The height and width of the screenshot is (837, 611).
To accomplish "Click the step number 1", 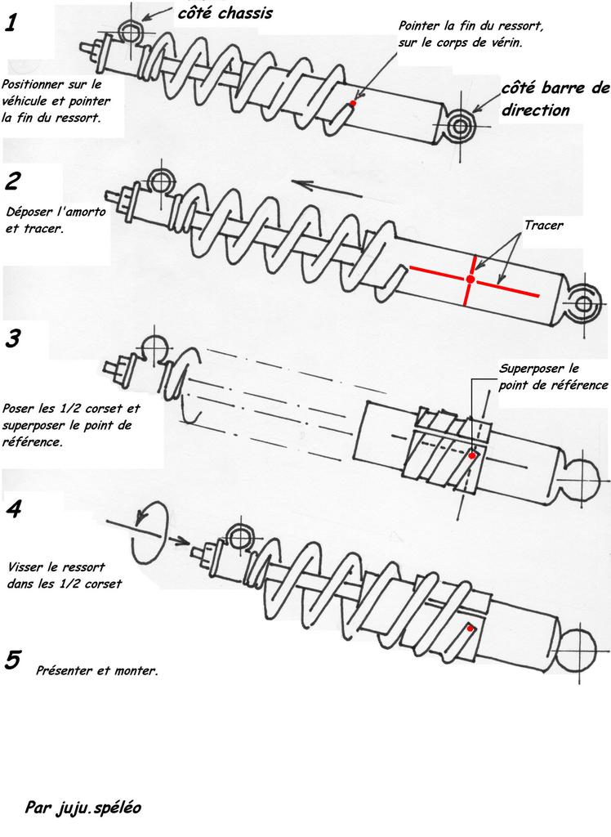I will click(11, 25).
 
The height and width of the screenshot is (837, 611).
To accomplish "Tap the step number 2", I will click(12, 181).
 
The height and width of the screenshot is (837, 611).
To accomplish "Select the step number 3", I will click(12, 338).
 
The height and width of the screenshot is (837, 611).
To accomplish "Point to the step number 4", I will click(13, 510).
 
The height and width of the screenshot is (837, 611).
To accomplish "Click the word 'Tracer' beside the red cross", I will click(544, 226).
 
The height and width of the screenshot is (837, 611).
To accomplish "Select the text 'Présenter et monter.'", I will click(97, 671).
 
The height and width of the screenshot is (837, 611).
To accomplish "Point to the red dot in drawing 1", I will click(353, 104).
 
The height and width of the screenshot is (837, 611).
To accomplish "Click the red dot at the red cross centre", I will click(470, 280).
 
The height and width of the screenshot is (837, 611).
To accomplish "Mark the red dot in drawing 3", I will click(473, 454).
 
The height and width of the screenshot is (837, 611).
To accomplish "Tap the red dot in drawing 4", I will click(471, 629).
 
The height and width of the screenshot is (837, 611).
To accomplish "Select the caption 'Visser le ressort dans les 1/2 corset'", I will click(63, 575).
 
